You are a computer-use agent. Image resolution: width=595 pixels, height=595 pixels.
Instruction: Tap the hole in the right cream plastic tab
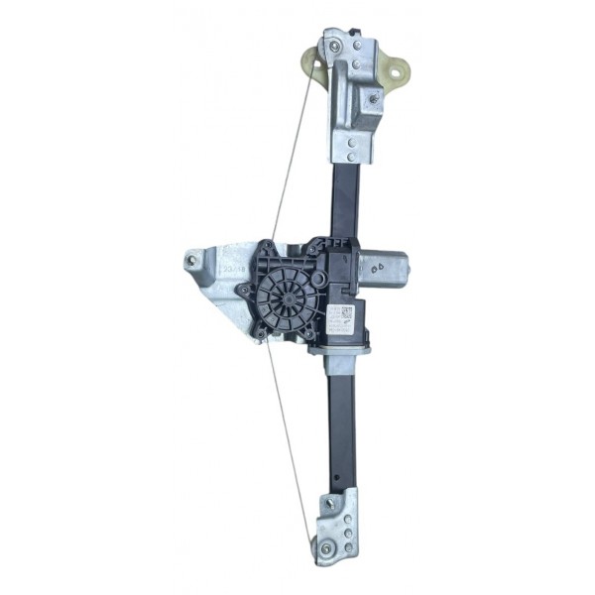click(398, 71)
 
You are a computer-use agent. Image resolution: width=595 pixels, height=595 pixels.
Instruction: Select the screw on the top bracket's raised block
click(373, 97)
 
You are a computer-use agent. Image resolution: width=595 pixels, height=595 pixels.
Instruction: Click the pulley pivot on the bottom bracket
click(325, 546)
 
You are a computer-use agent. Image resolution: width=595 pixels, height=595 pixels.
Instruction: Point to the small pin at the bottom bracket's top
click(341, 491)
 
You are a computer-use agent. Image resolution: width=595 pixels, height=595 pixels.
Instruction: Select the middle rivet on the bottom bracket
click(348, 534)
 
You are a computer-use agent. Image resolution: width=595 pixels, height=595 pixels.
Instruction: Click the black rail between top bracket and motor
click(344, 198)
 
